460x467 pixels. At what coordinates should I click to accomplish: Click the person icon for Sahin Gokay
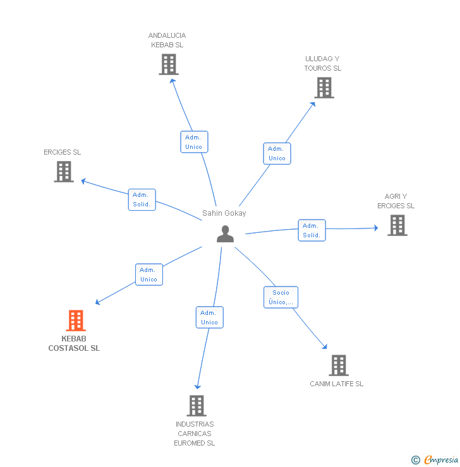click(225, 233)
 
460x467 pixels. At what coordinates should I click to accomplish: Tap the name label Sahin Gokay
click(224, 213)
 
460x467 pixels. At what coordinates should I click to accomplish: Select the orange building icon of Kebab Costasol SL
click(76, 321)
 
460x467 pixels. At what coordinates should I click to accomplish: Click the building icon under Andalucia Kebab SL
click(169, 64)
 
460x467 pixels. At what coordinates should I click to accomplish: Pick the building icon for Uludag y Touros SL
click(324, 88)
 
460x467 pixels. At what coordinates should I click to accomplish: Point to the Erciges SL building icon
click(64, 172)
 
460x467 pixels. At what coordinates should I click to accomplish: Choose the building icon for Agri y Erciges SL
click(397, 225)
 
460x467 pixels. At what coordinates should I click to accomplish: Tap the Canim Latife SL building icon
click(339, 365)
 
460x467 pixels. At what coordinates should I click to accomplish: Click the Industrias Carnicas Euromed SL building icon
click(197, 406)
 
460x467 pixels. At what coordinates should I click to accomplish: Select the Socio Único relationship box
click(281, 297)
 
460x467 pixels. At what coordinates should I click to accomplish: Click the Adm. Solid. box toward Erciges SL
click(142, 199)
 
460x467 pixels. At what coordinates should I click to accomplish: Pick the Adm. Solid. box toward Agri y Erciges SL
click(312, 230)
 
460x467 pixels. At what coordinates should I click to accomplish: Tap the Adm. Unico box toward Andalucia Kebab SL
click(194, 142)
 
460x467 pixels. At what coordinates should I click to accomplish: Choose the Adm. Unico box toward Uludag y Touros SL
click(277, 153)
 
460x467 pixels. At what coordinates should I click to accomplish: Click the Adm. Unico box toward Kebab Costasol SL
click(149, 275)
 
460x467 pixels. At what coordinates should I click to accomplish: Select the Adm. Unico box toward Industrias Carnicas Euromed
click(210, 317)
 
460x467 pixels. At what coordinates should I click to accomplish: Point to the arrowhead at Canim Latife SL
click(325, 346)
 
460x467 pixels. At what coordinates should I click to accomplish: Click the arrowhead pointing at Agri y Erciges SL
click(376, 228)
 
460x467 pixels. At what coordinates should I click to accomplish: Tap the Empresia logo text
click(441, 460)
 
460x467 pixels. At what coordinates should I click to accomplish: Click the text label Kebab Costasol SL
click(74, 343)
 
